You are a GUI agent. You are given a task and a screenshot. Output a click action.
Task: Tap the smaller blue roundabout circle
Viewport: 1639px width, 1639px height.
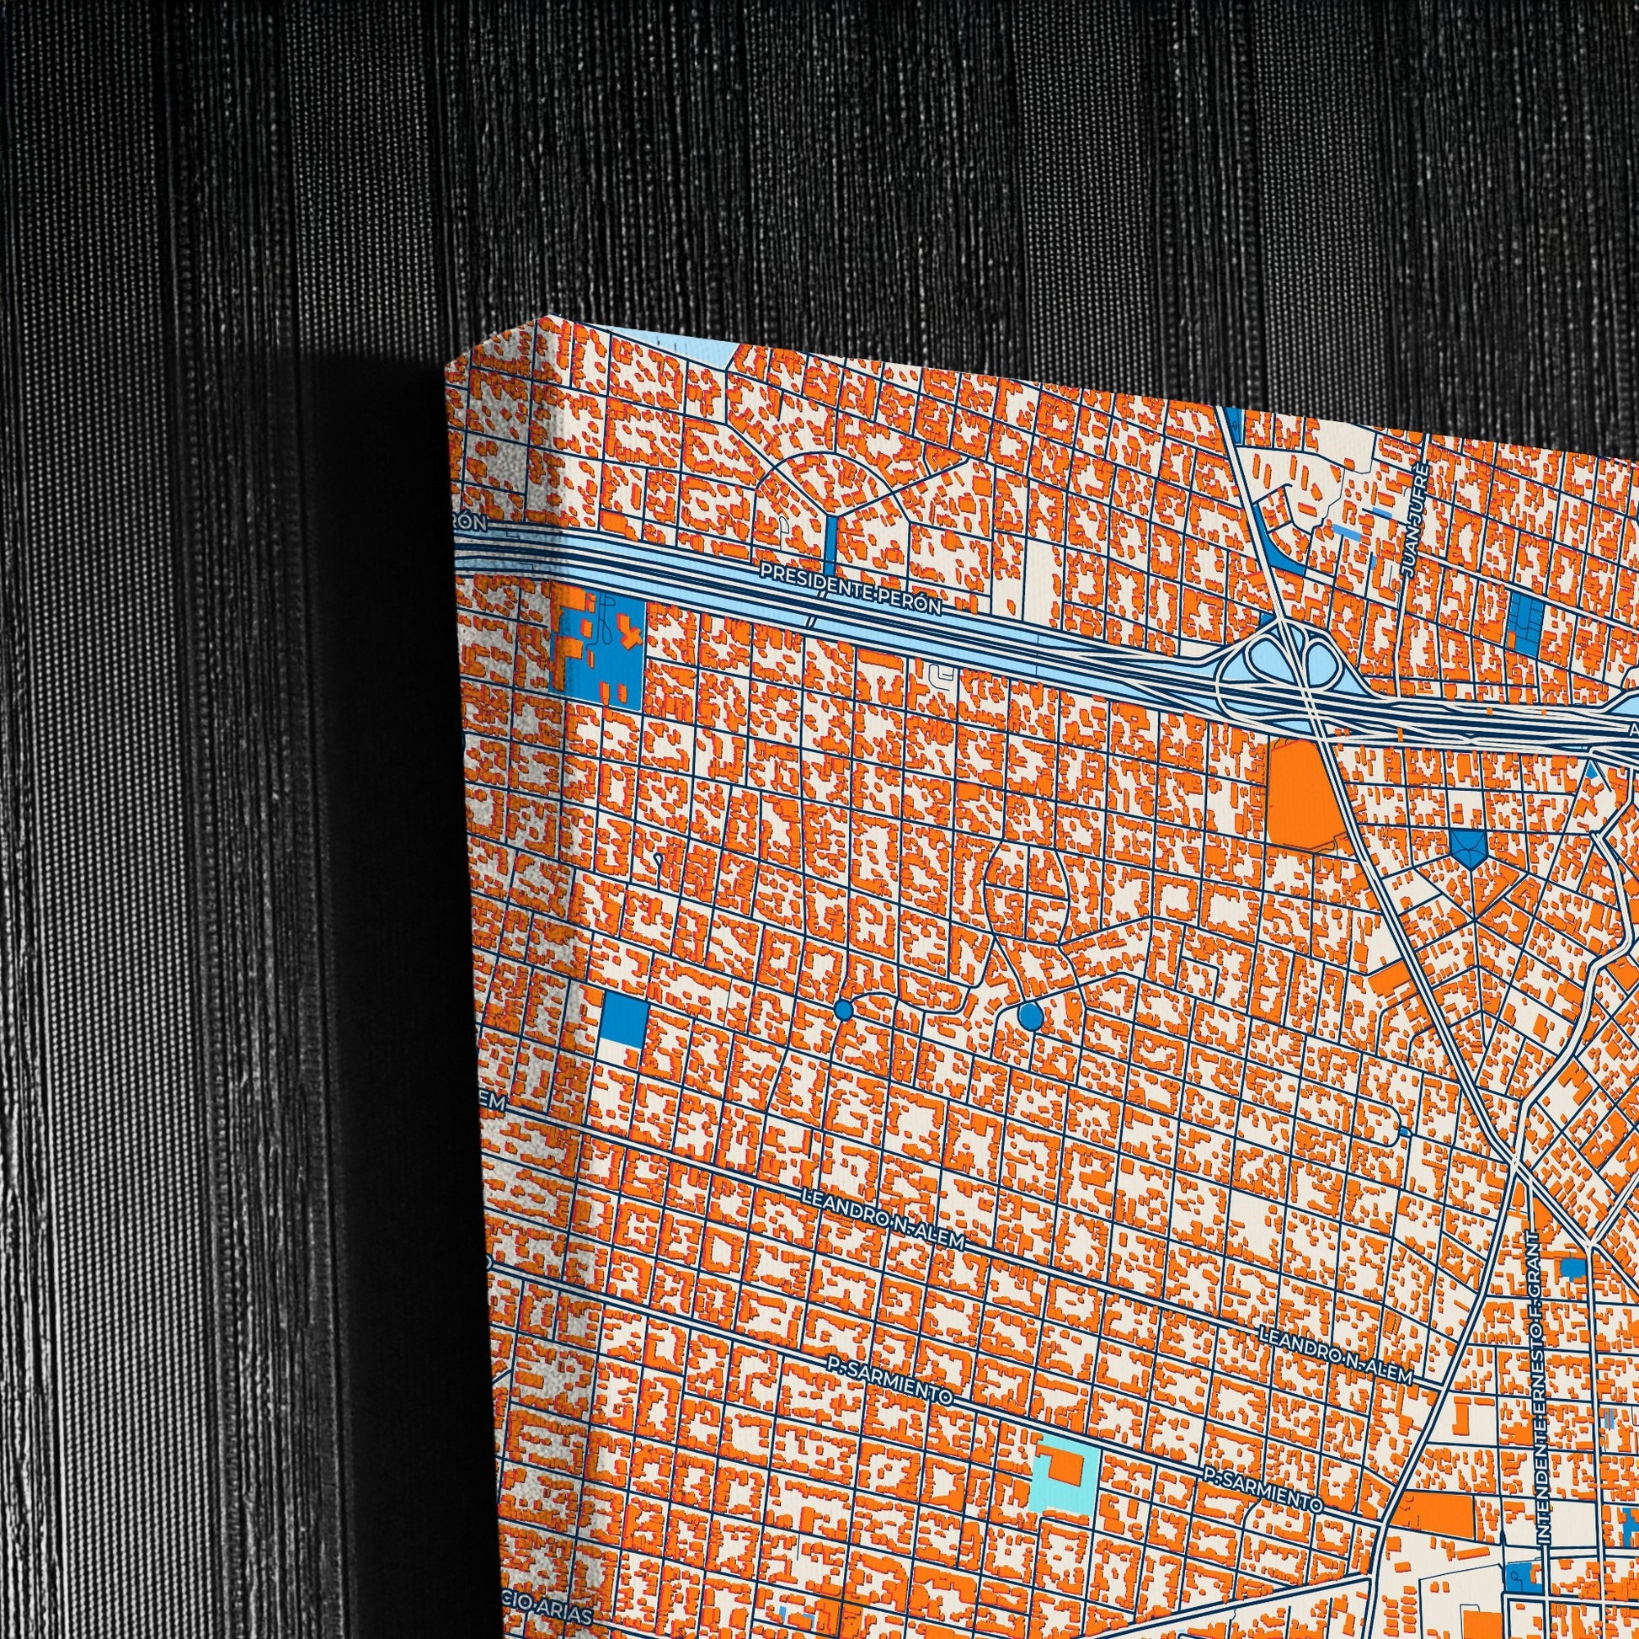pyautogui.click(x=842, y=1009)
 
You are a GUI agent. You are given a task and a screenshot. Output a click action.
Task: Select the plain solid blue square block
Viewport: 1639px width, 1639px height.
pyautogui.click(x=623, y=1019)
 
